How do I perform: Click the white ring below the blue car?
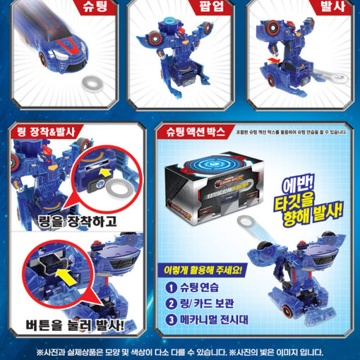(x=90, y=83)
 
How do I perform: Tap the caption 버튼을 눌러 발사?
(x=73, y=327)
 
